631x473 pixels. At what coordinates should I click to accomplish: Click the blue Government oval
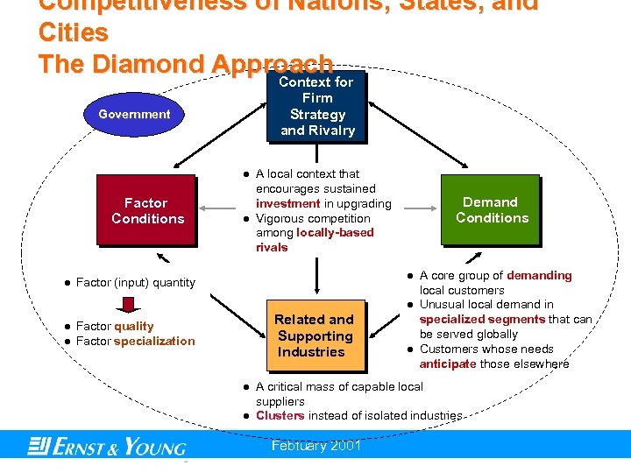click(x=134, y=114)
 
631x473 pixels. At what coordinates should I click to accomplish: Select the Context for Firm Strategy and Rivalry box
click(x=316, y=106)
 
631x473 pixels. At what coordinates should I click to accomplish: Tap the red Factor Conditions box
click(x=147, y=211)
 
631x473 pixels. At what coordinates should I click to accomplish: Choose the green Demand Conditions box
click(x=492, y=210)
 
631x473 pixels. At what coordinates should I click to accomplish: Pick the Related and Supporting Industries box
click(x=314, y=335)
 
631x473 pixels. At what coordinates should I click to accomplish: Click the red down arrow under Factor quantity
click(x=128, y=305)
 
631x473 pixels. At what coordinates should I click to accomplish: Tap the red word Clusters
click(x=280, y=416)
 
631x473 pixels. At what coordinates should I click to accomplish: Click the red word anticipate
click(x=448, y=364)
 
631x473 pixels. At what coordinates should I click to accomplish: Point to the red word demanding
click(x=539, y=275)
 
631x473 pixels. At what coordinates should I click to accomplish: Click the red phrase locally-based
click(x=335, y=232)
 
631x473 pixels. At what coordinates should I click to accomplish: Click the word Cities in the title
click(x=74, y=33)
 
